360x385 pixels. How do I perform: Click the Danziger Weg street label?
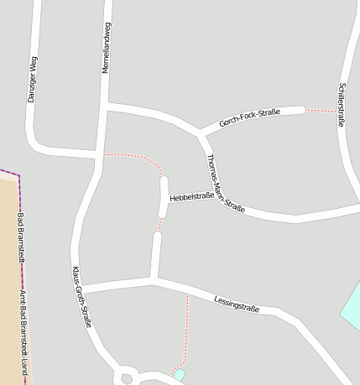point(33,79)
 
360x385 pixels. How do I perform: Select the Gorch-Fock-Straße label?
point(249,117)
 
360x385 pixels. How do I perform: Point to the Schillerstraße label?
point(341,104)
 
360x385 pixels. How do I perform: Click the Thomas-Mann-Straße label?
point(225,184)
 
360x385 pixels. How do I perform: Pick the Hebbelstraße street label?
point(192,196)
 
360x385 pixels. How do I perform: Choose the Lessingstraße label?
point(237,304)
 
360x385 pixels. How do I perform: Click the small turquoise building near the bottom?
point(180,375)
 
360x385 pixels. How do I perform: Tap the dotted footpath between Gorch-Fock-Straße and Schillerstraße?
point(320,110)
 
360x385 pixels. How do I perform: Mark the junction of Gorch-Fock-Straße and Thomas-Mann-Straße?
point(201,133)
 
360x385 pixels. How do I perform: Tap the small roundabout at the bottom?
point(128,377)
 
